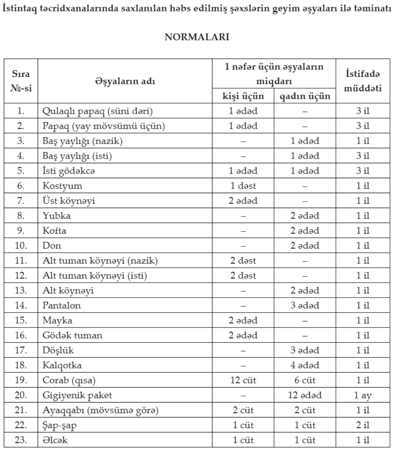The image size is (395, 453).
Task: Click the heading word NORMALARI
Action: tap(197, 37)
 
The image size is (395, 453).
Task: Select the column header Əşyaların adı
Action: tap(125, 81)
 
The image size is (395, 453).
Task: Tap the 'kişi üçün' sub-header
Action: tap(243, 96)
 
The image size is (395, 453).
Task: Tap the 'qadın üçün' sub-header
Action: tap(305, 96)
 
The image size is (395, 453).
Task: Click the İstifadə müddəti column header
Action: tap(363, 81)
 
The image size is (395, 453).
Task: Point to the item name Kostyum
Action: tap(62, 186)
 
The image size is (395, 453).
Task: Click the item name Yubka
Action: tap(57, 216)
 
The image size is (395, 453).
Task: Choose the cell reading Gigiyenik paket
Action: tap(77, 395)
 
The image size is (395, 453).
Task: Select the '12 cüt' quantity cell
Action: tap(243, 380)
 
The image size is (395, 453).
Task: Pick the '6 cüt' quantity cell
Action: tap(305, 380)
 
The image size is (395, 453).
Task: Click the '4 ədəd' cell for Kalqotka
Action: tap(305, 365)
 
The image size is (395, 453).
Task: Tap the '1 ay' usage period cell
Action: tap(363, 395)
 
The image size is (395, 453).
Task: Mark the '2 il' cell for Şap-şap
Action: tap(363, 425)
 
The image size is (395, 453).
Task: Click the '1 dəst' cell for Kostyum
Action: tap(243, 186)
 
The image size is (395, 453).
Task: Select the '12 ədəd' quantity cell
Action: tap(305, 395)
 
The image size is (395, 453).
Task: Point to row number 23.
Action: tap(21, 440)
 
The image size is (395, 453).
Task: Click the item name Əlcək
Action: tap(55, 440)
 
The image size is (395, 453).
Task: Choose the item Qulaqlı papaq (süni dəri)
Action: tap(98, 111)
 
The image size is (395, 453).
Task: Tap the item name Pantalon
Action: tap(62, 305)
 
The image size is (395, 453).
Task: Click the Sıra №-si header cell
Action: tap(21, 81)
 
